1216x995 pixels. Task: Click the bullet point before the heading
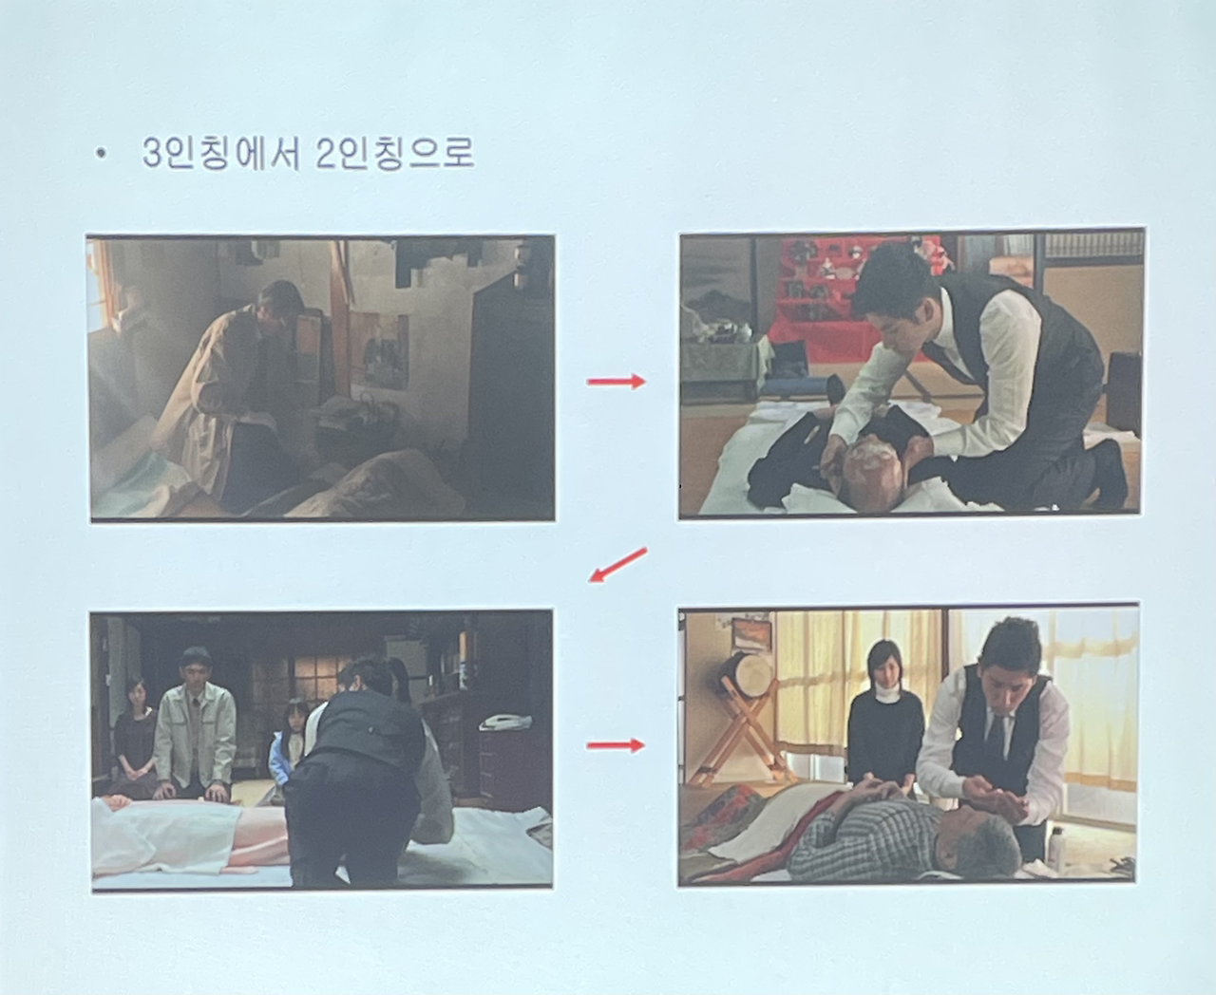pyautogui.click(x=102, y=155)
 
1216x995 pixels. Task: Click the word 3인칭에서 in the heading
pyautogui.click(x=220, y=154)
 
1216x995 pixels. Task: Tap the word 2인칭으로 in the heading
pyautogui.click(x=395, y=153)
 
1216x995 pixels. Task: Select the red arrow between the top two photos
pyautogui.click(x=617, y=382)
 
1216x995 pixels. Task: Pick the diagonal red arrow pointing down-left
pyautogui.click(x=617, y=565)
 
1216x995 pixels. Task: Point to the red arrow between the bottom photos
pyautogui.click(x=616, y=745)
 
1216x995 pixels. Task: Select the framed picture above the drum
pyautogui.click(x=750, y=633)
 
